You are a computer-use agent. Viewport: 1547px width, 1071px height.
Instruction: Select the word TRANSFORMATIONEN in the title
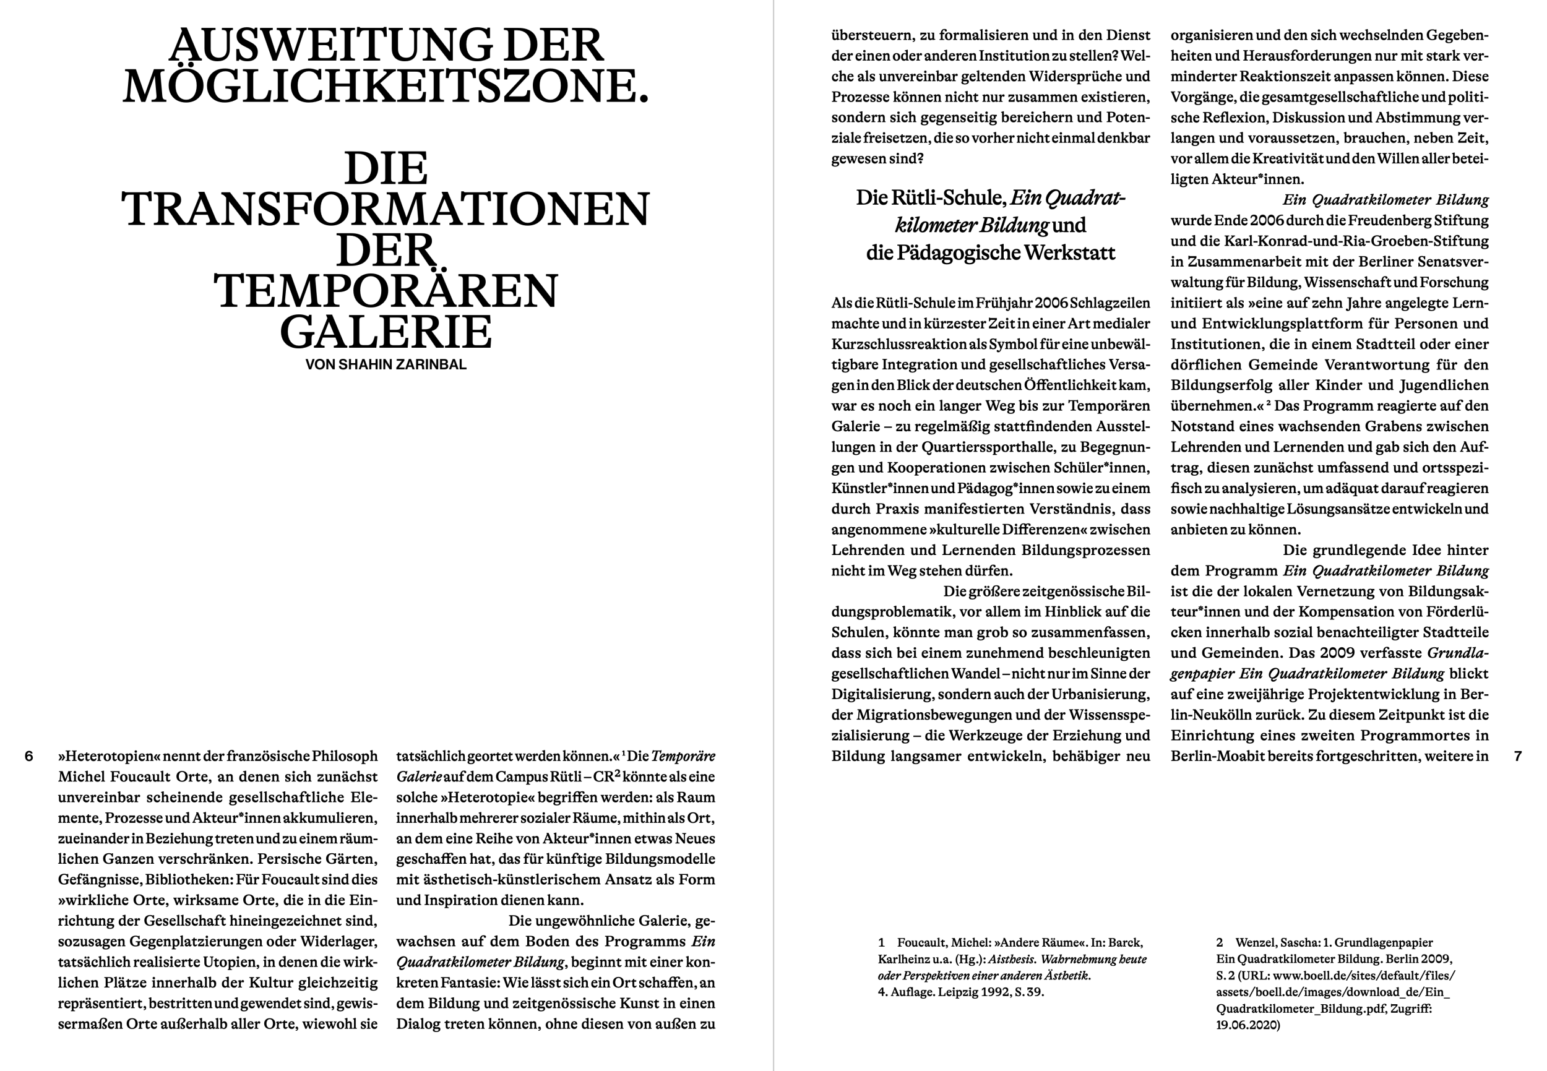[x=386, y=209]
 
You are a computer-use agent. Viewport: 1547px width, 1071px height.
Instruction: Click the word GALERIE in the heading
[x=386, y=332]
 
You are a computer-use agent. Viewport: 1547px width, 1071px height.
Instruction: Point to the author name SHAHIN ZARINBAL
[x=402, y=365]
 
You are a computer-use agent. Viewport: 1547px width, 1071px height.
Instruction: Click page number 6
[x=29, y=756]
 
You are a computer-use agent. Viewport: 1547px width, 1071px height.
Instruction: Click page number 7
[x=1518, y=756]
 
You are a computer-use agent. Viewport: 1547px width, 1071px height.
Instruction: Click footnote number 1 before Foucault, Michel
[x=881, y=943]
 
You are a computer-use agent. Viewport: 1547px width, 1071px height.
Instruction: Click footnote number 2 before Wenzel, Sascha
[x=1220, y=943]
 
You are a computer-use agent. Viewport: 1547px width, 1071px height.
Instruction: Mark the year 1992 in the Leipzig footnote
[x=984, y=992]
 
